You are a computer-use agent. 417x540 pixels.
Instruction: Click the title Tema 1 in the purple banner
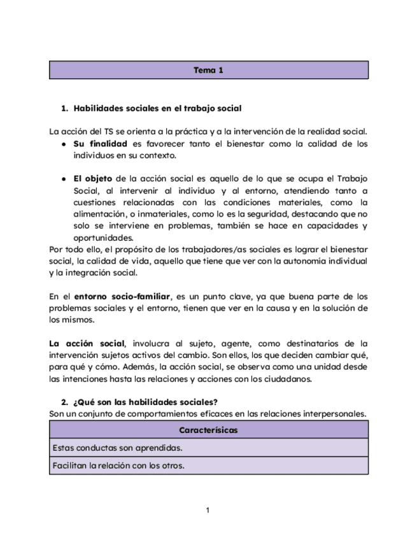click(208, 70)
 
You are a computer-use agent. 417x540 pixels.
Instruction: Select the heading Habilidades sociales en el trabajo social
click(157, 109)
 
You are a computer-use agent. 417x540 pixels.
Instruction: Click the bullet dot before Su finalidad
click(64, 145)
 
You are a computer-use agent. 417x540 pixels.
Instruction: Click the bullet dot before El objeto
click(64, 179)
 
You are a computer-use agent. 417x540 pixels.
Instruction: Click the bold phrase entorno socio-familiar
click(123, 297)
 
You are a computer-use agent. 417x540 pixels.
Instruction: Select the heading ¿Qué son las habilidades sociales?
click(146, 402)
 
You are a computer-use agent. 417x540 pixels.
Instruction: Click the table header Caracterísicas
click(208, 430)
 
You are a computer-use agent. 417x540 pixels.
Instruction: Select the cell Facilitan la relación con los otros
click(119, 465)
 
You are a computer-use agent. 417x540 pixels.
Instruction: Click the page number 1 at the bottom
click(208, 510)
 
